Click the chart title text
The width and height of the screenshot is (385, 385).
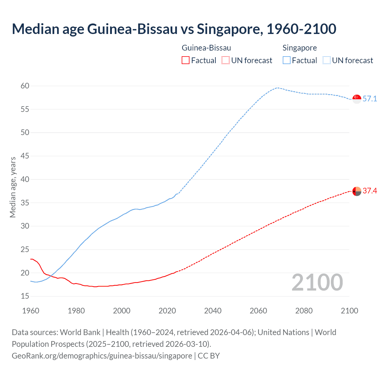[174, 29]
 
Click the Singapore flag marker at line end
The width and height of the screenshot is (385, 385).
[357, 99]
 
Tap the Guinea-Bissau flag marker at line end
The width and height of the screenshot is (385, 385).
[357, 191]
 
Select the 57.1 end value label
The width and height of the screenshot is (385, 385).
[370, 99]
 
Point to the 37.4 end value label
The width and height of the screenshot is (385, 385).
[370, 191]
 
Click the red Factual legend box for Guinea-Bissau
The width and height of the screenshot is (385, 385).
[186, 60]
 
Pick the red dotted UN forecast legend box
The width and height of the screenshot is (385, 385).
[226, 60]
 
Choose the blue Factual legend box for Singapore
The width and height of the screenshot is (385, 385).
[287, 60]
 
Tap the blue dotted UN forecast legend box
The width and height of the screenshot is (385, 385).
[326, 60]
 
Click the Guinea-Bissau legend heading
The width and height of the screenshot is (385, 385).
[206, 48]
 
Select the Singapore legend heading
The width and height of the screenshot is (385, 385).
[300, 48]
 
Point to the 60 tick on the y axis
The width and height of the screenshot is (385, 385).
[25, 86]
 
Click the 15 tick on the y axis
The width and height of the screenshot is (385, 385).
[25, 296]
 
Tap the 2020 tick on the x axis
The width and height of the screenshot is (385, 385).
[167, 311]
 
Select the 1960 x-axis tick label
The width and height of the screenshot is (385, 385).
[31, 311]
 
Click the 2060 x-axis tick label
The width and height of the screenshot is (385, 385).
[258, 311]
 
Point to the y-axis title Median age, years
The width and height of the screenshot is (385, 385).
[13, 187]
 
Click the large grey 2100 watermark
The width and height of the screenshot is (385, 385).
[317, 282]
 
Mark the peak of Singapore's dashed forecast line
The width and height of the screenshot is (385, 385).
[277, 88]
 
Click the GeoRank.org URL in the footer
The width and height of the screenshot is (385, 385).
[102, 356]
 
